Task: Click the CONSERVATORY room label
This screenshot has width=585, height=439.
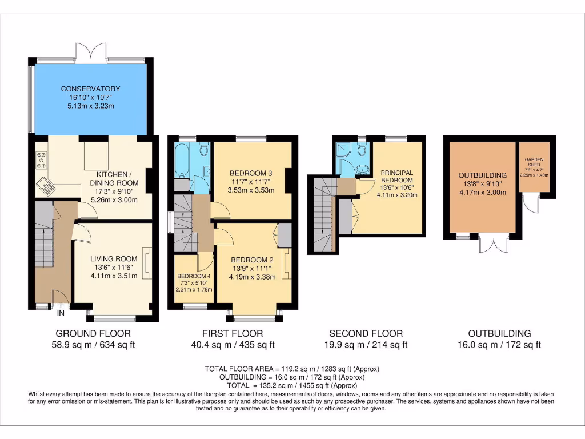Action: [x=91, y=89]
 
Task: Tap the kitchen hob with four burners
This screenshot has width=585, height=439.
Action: [x=41, y=160]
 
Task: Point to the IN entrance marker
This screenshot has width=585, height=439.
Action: [x=61, y=313]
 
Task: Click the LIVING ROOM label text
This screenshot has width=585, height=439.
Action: [x=114, y=259]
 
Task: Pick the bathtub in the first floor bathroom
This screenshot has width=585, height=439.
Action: [x=183, y=161]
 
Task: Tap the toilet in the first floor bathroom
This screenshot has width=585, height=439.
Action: [x=203, y=149]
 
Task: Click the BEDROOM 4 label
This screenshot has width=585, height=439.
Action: [x=194, y=276]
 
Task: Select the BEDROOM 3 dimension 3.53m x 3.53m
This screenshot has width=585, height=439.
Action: [x=251, y=190]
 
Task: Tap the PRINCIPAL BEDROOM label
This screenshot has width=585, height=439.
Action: [x=397, y=176]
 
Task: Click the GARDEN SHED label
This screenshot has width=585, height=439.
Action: [x=534, y=162]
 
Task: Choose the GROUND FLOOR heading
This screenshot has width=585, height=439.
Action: [x=93, y=333]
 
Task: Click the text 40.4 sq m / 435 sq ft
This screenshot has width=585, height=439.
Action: [x=233, y=345]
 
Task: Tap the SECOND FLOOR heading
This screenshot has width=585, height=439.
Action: [x=366, y=333]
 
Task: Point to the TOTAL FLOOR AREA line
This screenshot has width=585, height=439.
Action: [x=292, y=369]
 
